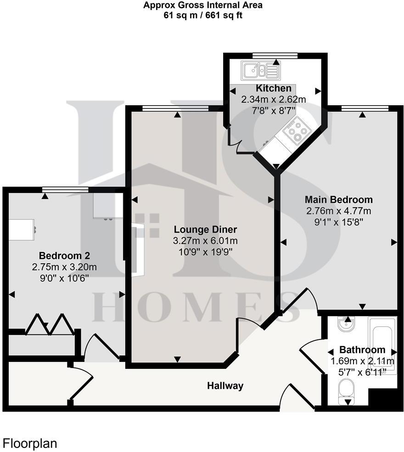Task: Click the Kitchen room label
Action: coord(274,89)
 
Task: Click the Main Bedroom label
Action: coord(339,200)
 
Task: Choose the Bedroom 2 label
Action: coord(64,256)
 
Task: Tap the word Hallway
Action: coord(224,385)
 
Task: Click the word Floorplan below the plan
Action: coord(30,443)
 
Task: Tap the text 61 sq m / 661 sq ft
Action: coord(202,15)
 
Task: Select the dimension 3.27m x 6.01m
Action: coord(205,241)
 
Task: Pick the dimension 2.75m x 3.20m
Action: coord(64,267)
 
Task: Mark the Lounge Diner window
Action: coord(174,108)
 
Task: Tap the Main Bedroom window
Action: coord(365,108)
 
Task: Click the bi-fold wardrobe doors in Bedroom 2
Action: coord(48,324)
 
